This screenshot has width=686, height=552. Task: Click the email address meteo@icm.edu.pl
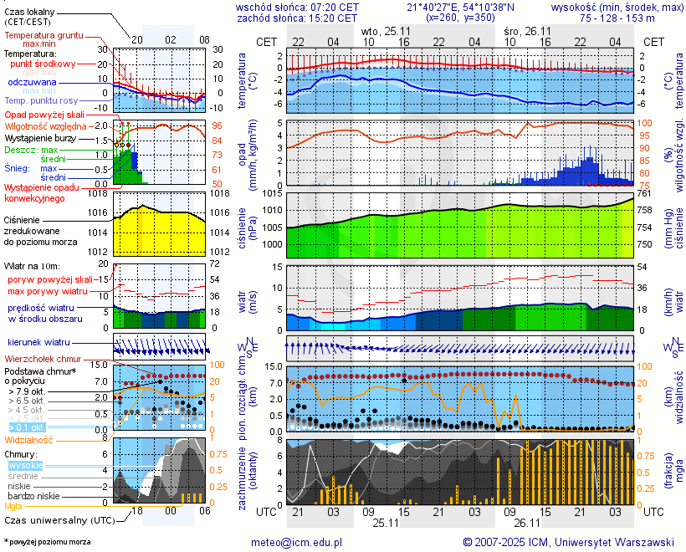pos(297,542)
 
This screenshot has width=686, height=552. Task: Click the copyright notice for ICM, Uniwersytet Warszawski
pos(569,542)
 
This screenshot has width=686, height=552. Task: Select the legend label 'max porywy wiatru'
pos(48,291)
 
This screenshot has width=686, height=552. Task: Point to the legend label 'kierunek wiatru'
pos(38,343)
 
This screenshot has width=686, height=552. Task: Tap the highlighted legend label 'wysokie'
pos(24,465)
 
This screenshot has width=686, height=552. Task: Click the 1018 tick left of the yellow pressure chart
pos(101,193)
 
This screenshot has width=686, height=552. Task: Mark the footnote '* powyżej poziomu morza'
pos(46,542)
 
